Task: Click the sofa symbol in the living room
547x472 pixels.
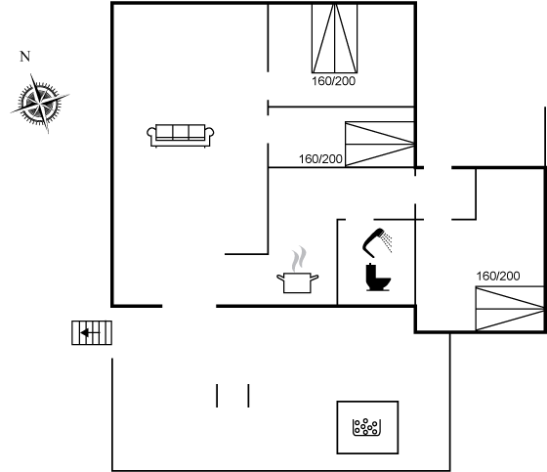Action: coord(181,136)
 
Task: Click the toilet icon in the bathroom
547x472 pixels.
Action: coord(378,278)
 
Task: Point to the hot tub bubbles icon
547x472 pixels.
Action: coord(366,427)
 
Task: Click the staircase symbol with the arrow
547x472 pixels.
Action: coord(92,332)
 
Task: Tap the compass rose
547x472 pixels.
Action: coord(40,104)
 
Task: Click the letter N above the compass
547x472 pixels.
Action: coord(24,57)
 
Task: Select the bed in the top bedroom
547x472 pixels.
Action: coord(334,38)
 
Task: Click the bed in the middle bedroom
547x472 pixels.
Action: coord(380,144)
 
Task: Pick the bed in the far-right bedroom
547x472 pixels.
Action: coord(510,309)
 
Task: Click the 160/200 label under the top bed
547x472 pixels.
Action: coord(333,81)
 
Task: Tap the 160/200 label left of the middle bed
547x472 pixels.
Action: coord(320,159)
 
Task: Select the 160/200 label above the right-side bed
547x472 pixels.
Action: coord(498,277)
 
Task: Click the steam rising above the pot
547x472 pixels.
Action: coord(299,259)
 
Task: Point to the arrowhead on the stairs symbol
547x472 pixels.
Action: coord(84,332)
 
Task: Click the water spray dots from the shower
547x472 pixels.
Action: coord(387,242)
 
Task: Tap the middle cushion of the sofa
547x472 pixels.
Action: coord(181,132)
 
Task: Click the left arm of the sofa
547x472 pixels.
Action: coord(151,135)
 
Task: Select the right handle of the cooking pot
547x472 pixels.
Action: coord(315,278)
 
